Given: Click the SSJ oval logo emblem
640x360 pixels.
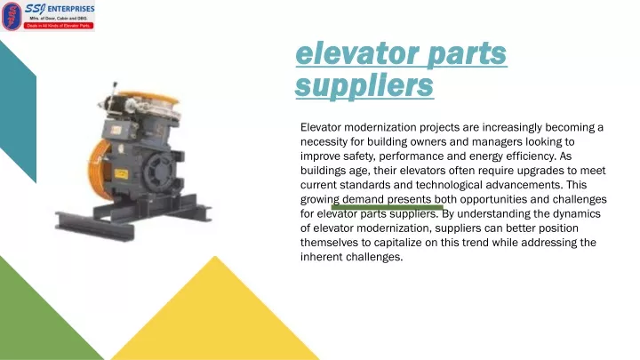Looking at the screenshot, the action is [x=12, y=16].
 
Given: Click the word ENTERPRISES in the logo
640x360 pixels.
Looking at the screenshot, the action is [x=71, y=9].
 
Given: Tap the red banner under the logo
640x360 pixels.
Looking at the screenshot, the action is [x=59, y=26].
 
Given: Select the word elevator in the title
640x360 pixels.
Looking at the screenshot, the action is [x=357, y=53].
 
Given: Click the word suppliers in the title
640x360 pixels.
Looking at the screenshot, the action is [x=364, y=85].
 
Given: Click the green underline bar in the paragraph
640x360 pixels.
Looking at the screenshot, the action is [x=387, y=207].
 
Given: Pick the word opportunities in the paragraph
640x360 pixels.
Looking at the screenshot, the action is [x=493, y=200].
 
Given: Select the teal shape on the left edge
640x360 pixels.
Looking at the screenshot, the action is [x=18, y=111].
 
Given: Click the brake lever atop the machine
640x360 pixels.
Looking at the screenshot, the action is [x=115, y=91].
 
